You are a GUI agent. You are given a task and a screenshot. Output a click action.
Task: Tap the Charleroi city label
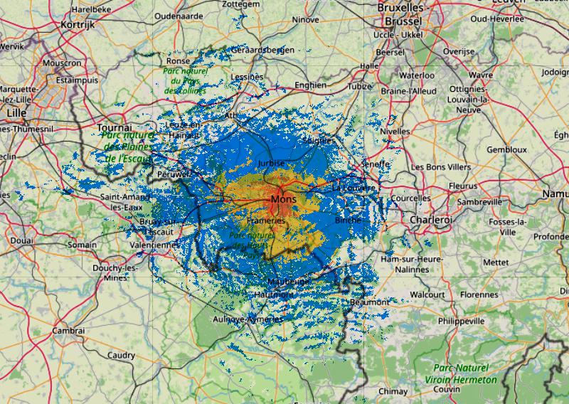431,220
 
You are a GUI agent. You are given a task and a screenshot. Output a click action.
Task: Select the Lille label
15,112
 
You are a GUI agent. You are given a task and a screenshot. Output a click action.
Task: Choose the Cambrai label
69,331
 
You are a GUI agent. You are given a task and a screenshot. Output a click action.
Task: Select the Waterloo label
416,74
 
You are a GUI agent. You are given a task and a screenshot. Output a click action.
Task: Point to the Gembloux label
506,150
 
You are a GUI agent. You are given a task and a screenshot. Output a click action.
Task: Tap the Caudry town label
121,355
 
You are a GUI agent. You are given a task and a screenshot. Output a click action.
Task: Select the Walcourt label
428,294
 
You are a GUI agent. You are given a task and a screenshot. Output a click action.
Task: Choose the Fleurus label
464,186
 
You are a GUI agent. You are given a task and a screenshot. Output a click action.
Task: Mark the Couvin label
447,390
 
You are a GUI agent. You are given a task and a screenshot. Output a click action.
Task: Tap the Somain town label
82,245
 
